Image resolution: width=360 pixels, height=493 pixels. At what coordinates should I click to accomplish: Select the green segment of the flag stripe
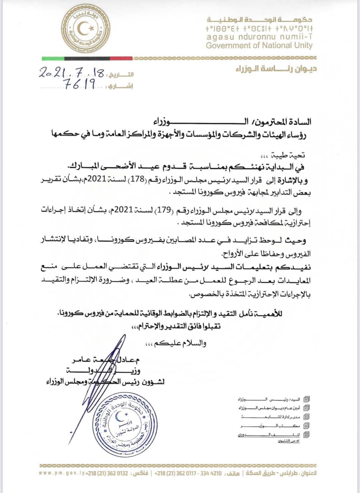(x=53, y=59)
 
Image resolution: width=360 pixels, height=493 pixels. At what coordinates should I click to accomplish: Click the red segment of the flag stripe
(x=121, y=59)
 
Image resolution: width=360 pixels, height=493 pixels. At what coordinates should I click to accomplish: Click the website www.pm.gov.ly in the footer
(x=62, y=473)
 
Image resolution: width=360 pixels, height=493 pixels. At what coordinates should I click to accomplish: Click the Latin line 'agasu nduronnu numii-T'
(x=259, y=37)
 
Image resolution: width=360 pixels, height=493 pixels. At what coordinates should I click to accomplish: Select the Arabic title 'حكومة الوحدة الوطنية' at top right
(x=259, y=20)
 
